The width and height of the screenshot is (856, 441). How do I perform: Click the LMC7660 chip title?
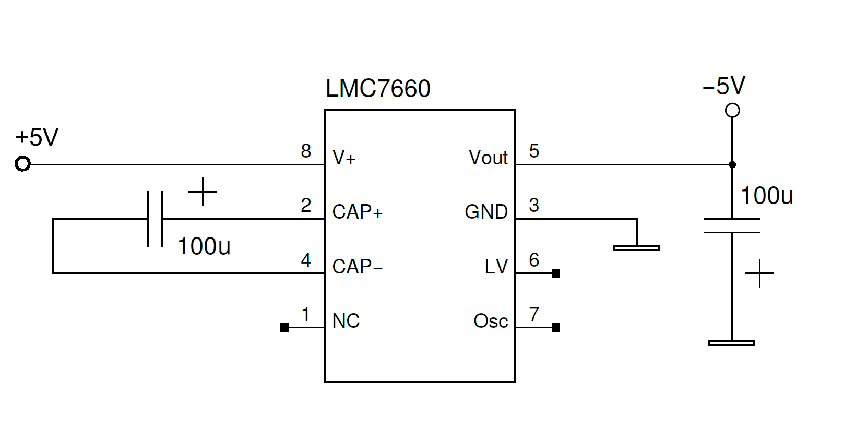point(378,88)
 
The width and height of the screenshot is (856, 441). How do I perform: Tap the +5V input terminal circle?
point(23,164)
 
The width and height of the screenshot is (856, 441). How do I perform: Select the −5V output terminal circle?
point(732,111)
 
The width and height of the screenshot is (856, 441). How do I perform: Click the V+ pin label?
point(344,158)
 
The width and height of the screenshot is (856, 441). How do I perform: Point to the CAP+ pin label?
point(358,212)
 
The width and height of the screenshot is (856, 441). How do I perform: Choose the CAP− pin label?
point(358,267)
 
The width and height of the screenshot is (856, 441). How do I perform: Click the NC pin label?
point(346,321)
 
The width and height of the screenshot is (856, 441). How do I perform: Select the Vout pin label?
point(488,158)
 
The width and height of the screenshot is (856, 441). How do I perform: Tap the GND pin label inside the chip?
point(486,212)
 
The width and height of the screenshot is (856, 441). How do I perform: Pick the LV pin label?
point(496,267)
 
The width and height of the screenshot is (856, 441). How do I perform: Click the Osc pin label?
point(491,321)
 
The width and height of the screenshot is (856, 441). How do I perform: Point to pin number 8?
point(306,151)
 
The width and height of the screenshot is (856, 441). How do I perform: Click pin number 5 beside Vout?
point(534,151)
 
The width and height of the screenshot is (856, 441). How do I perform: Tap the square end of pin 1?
point(284,328)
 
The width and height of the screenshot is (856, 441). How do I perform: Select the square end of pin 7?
point(556,328)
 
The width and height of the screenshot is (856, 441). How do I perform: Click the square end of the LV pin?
point(556,273)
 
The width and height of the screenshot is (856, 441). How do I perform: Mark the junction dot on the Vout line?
point(732,164)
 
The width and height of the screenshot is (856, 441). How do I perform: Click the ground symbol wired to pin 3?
point(637,248)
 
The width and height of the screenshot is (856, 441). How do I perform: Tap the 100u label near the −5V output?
point(767,196)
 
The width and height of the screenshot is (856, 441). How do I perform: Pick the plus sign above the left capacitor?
point(203,192)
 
